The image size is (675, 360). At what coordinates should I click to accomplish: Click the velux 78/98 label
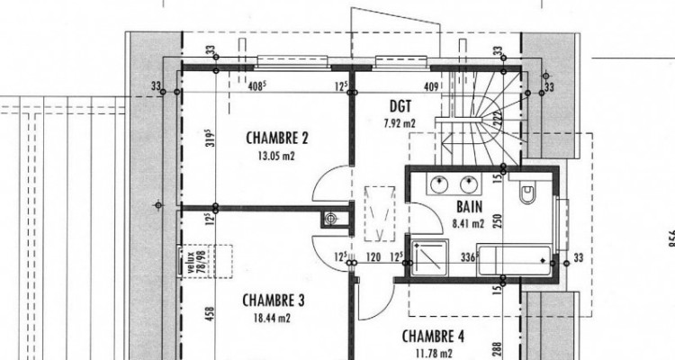(189, 265)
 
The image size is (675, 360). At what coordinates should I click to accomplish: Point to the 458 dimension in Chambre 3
(209, 315)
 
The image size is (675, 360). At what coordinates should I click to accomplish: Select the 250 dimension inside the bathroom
(496, 221)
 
